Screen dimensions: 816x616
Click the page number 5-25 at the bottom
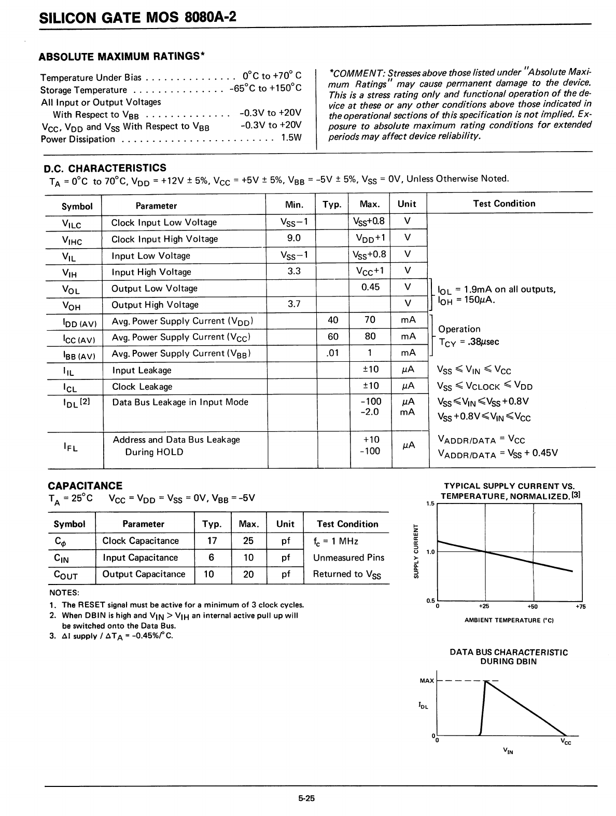coord(306,798)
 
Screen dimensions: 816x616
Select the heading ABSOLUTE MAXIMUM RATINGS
coord(122,56)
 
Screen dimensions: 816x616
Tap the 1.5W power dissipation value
coord(291,139)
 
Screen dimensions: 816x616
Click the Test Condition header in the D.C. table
coord(504,203)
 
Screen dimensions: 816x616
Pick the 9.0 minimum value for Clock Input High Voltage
coord(293,238)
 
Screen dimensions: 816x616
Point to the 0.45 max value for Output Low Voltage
coord(370,287)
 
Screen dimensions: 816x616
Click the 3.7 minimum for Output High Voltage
coord(294,304)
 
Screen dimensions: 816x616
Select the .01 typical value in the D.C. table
coord(332,353)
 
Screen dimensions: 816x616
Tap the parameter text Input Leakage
coord(142,370)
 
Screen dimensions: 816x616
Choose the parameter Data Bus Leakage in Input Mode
coord(180,402)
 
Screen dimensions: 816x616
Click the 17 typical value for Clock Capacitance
coord(212,541)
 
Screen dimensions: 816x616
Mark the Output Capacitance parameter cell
coord(144,574)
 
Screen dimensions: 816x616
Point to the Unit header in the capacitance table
coord(285,524)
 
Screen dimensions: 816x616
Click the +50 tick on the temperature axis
coord(533,606)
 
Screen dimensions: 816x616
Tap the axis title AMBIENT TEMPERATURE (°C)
coord(509,620)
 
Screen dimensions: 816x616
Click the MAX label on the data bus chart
coord(427,681)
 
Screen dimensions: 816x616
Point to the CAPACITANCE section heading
coord(85,486)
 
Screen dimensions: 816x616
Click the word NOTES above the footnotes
coord(64,593)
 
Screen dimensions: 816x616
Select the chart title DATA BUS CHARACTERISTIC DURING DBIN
coord(509,657)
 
